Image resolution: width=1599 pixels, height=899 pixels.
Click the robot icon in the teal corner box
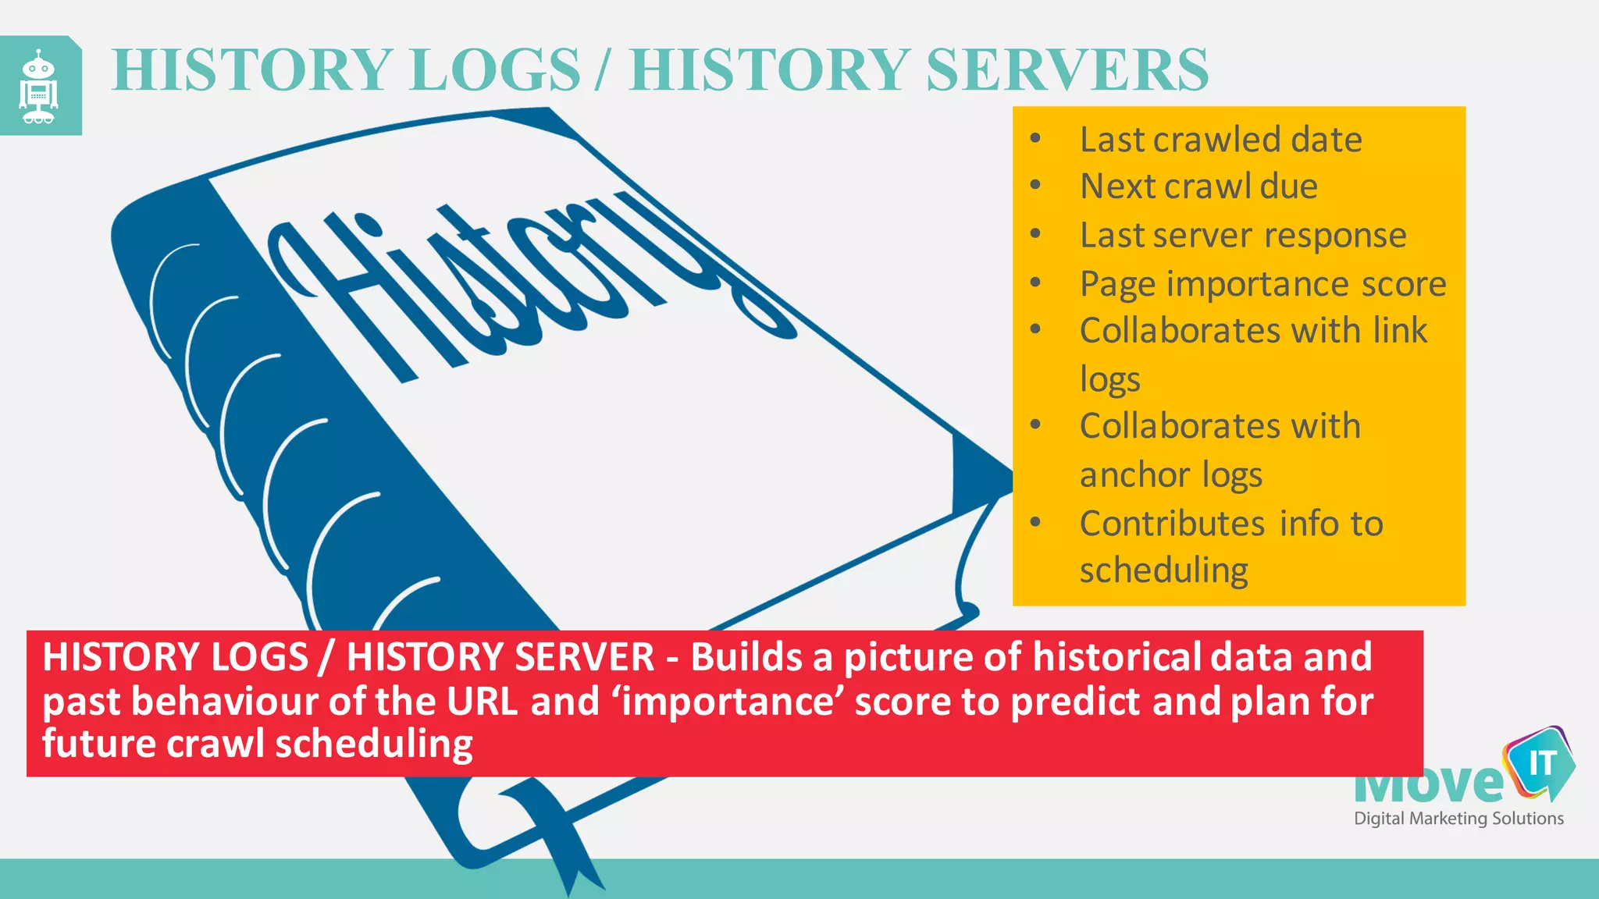38,87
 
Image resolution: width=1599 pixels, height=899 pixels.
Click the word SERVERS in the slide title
1067,70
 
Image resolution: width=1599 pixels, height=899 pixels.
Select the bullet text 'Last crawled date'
1220,140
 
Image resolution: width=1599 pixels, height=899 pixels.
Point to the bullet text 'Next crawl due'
1198,187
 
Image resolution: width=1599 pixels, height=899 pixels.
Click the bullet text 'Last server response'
1243,236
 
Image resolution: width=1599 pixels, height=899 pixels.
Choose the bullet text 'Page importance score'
1262,284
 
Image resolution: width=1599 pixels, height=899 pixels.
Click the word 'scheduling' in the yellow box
1163,570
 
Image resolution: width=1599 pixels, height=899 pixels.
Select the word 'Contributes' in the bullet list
1171,524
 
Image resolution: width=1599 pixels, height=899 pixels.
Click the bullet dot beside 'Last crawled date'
1035,139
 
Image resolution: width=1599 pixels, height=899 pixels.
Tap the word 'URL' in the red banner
482,702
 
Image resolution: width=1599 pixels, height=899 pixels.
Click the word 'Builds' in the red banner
746,657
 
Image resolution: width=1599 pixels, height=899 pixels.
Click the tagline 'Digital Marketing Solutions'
1458,819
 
